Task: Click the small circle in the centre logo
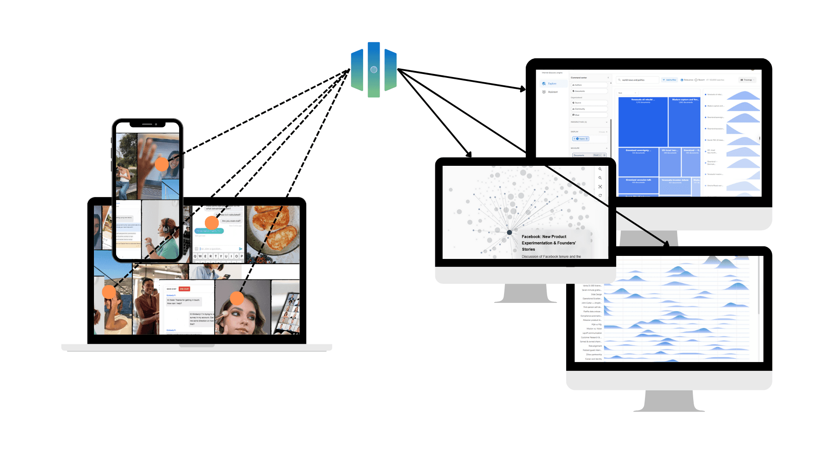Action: (374, 70)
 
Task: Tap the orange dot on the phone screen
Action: (162, 164)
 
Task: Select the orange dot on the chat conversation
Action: (212, 223)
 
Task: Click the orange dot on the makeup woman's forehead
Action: (237, 298)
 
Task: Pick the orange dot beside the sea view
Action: (109, 292)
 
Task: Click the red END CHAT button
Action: (184, 289)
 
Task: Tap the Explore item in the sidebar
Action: (552, 84)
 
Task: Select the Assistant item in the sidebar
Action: (552, 92)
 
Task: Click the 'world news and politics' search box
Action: (638, 80)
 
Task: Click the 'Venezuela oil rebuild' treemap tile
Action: (643, 122)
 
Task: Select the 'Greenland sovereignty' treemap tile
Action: (638, 161)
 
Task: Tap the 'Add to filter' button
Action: (670, 80)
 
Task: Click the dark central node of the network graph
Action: (509, 232)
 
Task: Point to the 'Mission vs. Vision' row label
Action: (594, 329)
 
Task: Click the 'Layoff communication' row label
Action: (592, 333)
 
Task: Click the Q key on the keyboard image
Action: (195, 256)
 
